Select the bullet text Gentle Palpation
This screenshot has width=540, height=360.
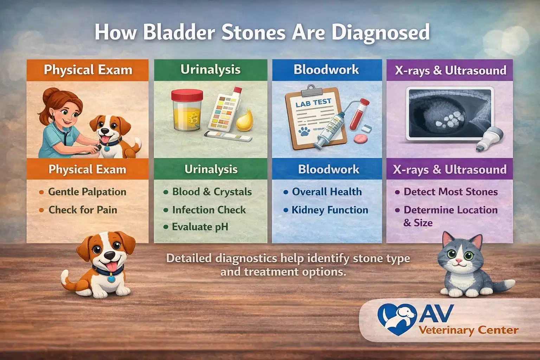pyautogui.click(x=87, y=192)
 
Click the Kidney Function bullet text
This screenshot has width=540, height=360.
pyautogui.click(x=330, y=210)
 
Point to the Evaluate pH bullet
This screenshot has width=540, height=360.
pyautogui.click(x=200, y=227)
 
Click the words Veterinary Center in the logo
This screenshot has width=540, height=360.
pyautogui.click(x=468, y=330)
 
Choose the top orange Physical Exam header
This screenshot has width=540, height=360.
pyautogui.click(x=88, y=70)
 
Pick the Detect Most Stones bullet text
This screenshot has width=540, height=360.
pyautogui.click(x=450, y=192)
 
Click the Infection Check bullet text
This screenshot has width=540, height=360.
pyautogui.click(x=209, y=210)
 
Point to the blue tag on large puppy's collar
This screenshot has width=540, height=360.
pyautogui.click(x=111, y=279)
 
